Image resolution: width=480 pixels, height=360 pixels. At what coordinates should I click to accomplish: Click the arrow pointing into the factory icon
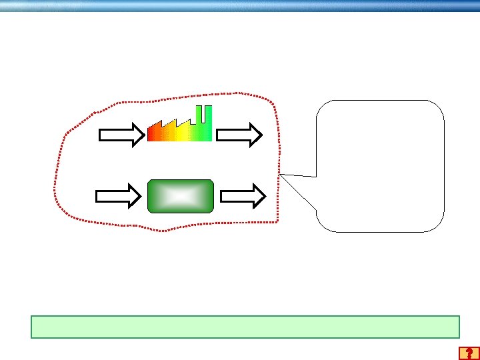tap(121, 135)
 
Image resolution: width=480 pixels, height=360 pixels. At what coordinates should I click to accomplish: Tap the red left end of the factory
tap(151, 133)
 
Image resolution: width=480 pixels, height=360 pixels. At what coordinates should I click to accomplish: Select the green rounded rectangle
tap(180, 196)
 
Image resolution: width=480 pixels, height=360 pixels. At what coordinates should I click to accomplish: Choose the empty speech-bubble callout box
tap(380, 165)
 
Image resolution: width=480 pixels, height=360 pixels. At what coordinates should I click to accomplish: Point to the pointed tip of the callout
tap(281, 175)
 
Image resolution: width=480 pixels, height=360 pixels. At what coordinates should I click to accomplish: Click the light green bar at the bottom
tap(245, 327)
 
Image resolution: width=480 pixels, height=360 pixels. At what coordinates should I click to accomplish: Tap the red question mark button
tap(469, 353)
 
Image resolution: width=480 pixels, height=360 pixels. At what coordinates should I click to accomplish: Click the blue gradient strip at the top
tap(240, 5)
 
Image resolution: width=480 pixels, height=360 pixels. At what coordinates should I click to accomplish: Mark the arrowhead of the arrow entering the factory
tap(137, 135)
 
